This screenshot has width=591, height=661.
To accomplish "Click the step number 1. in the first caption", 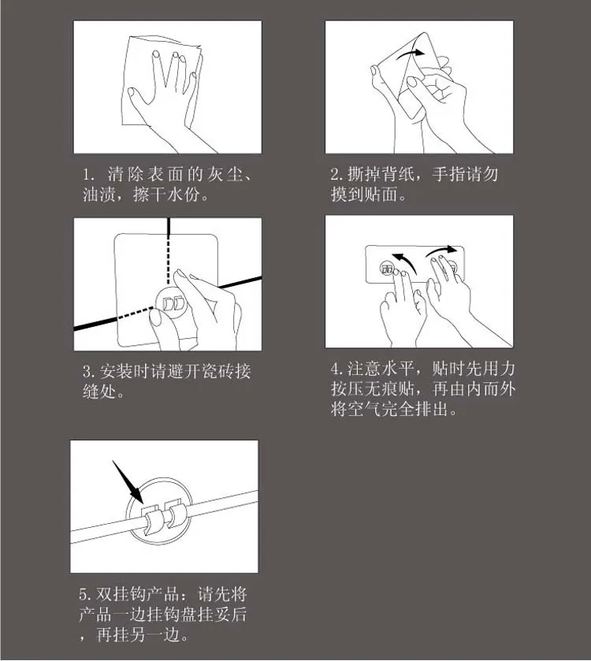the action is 88,175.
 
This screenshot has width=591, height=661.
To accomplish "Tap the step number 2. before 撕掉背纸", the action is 336,174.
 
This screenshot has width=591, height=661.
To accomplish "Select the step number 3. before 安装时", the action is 89,372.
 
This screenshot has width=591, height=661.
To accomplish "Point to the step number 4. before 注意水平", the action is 337,369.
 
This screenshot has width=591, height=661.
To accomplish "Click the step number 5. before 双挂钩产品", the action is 86,594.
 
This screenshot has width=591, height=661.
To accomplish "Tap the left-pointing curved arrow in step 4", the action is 406,262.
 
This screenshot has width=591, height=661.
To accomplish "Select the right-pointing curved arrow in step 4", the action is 440,251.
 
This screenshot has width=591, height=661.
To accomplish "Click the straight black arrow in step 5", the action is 128,482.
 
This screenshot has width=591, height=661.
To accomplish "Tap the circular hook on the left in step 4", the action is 387,269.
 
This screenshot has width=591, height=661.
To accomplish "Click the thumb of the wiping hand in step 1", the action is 140,98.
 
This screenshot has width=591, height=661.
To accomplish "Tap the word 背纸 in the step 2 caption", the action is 398,174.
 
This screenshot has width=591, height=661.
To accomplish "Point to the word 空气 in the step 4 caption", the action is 364,410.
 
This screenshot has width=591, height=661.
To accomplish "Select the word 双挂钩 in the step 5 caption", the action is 121,594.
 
